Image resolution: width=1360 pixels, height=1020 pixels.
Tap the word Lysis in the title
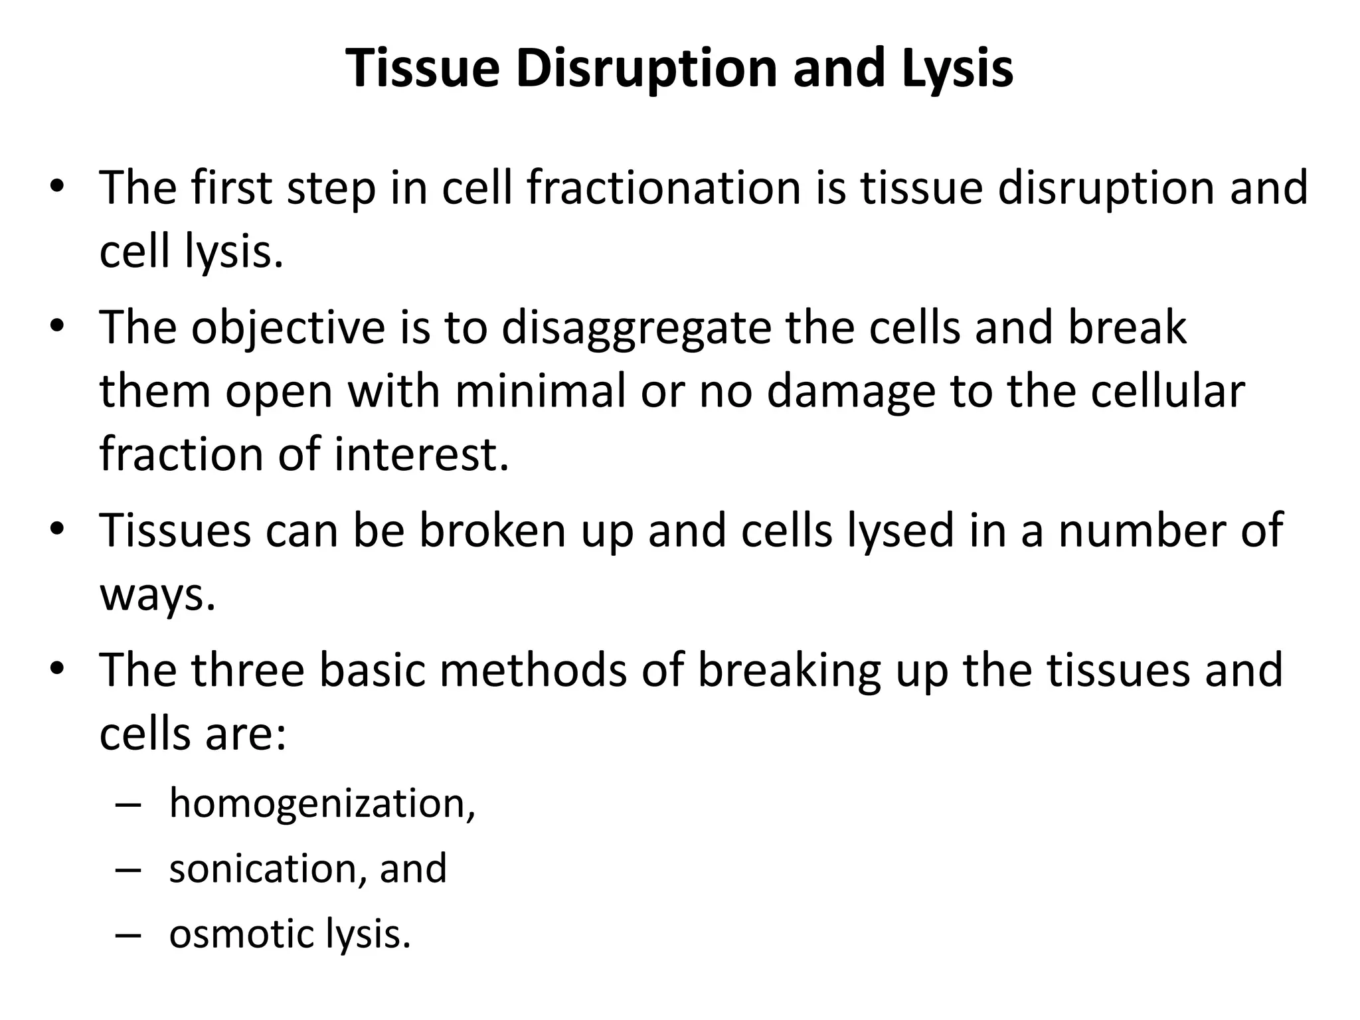[958, 68]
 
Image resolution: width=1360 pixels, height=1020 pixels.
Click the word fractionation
[663, 188]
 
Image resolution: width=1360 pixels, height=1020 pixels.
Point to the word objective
[288, 328]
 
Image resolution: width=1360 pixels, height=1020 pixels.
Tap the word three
[248, 670]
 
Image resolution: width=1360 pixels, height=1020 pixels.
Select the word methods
[533, 670]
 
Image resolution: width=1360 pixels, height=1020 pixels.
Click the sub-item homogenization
[323, 804]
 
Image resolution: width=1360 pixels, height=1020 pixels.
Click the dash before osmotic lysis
[128, 935]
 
